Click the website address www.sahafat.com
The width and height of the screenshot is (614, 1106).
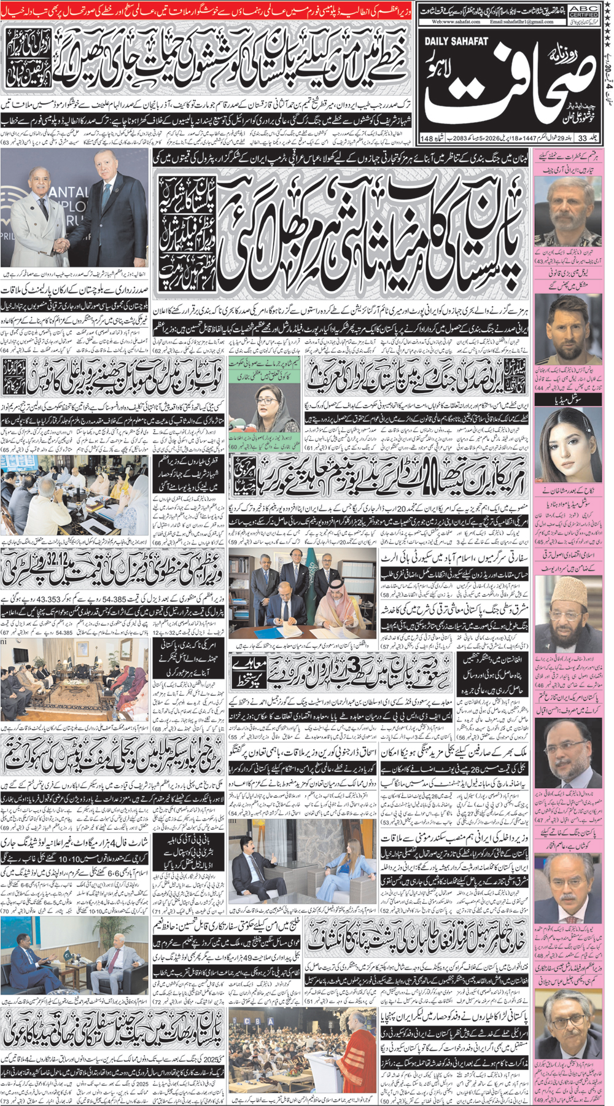click(458, 21)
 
